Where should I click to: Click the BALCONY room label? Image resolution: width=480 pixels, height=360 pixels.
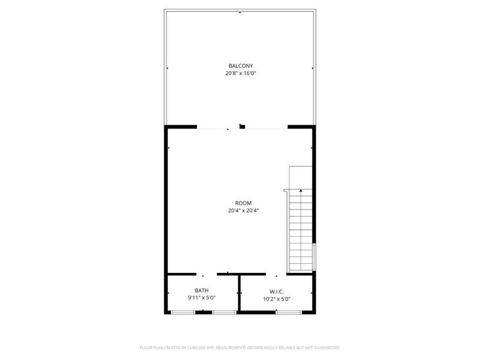240,65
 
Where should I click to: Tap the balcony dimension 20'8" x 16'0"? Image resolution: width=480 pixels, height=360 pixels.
240,73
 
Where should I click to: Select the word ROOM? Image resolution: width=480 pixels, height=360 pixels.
243,203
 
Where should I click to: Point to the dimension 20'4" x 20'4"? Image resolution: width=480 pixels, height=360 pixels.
243,211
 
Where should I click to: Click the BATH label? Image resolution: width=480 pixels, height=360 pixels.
202,290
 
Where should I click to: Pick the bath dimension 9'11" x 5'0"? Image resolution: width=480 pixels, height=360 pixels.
202,298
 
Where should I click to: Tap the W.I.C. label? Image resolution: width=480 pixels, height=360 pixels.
277,291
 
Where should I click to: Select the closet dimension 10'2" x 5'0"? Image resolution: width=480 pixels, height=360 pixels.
277,299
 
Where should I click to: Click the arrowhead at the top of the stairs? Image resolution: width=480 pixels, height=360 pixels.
301,191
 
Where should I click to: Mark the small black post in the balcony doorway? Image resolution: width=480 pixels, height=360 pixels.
242,126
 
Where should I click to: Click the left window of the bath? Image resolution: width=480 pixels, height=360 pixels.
183,312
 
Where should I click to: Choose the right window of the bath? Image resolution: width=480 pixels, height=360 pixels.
223,312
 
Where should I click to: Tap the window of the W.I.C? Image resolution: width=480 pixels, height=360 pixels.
284,312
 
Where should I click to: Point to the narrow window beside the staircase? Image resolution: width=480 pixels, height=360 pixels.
314,257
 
